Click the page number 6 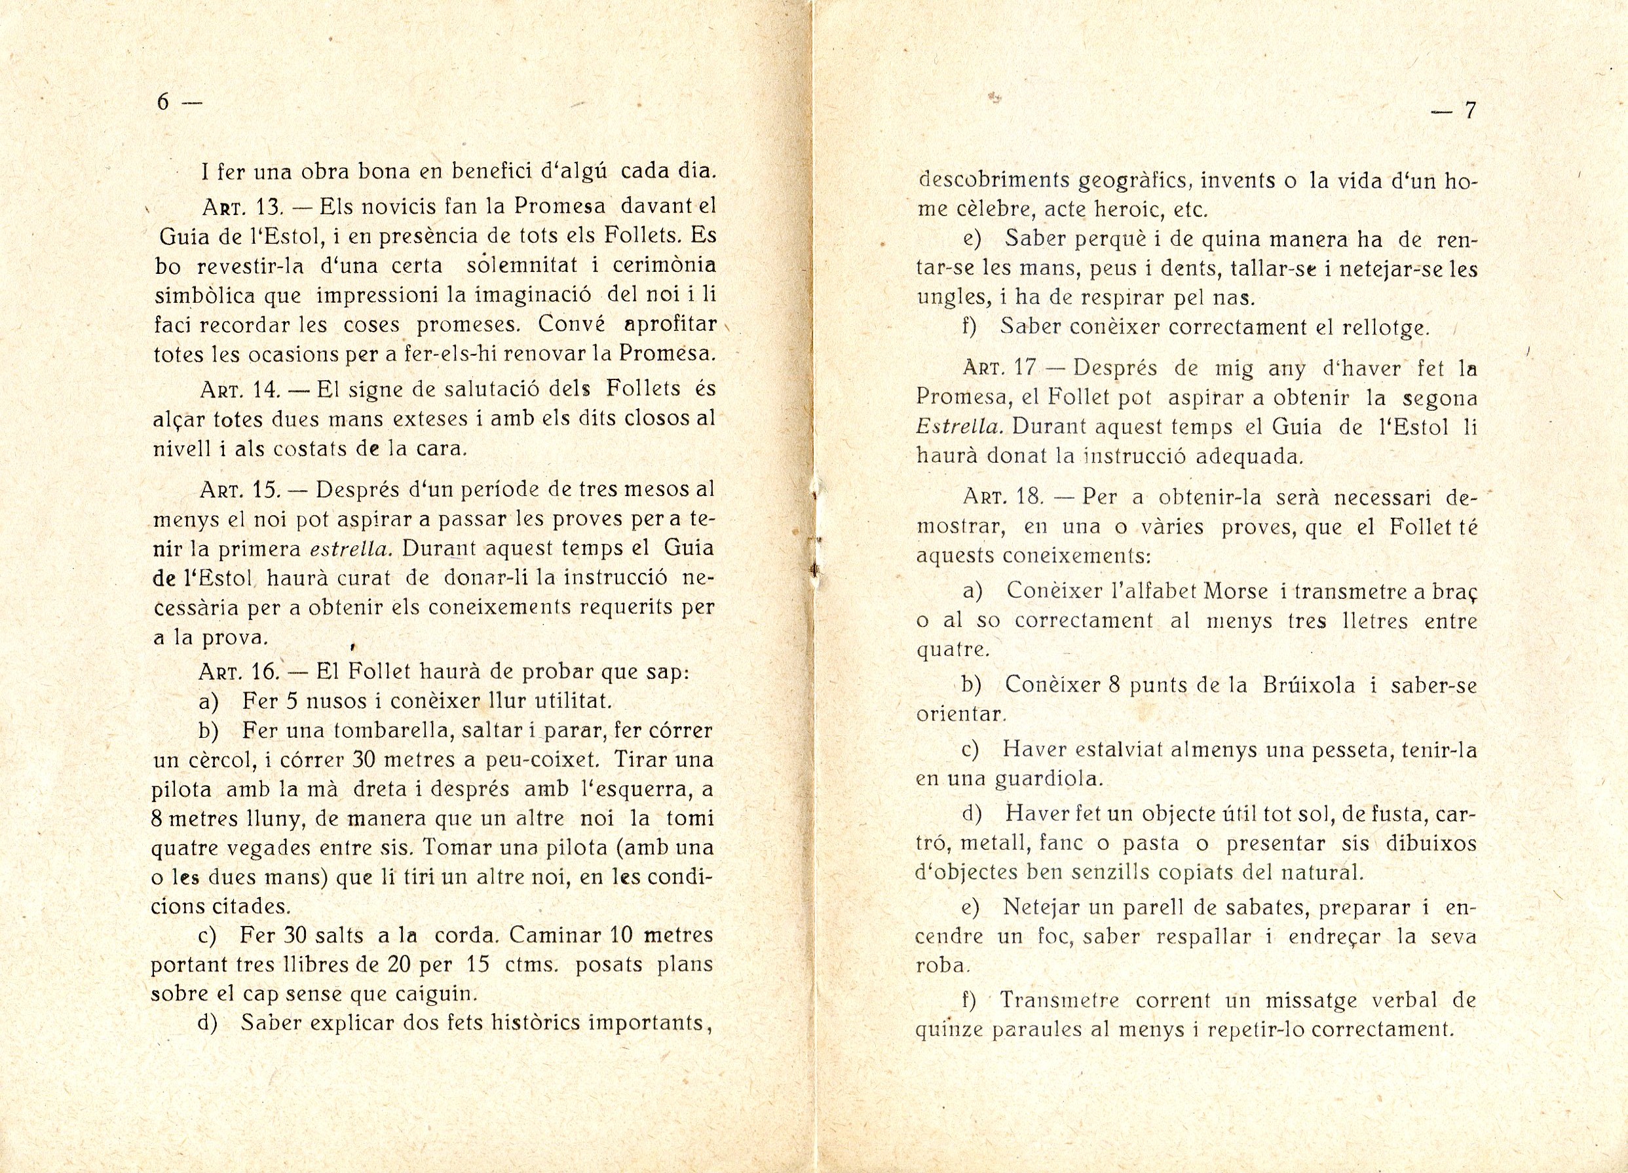coord(163,103)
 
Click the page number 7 coord(1469,111)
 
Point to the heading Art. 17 coord(1000,368)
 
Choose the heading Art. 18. coord(1000,497)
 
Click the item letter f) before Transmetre coord(970,1001)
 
